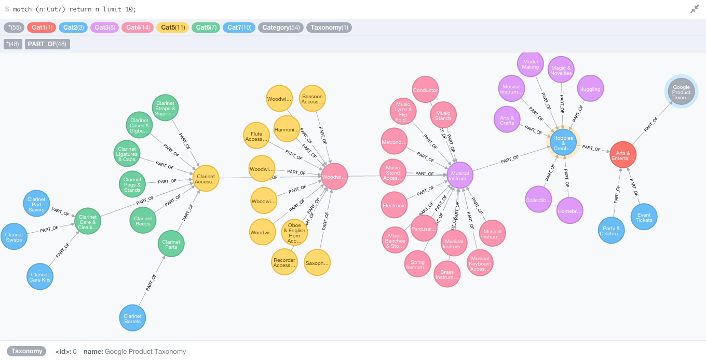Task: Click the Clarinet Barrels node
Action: coord(132,318)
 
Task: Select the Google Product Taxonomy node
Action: coord(681,92)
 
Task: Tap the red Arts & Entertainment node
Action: coord(623,155)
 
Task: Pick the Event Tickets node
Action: coord(644,217)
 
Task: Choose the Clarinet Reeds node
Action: coord(143,221)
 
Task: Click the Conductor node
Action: coord(425,90)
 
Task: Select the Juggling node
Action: coord(590,89)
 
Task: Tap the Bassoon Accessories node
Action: coord(312,99)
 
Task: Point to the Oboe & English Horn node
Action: coord(294,233)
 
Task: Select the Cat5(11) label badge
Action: coord(173,28)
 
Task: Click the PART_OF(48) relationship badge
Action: coord(47,44)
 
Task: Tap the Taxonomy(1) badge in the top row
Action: coord(329,28)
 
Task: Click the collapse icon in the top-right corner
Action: coord(695,9)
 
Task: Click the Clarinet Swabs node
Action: coord(14,237)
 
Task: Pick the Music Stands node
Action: coord(443,115)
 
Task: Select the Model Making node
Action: coord(531,64)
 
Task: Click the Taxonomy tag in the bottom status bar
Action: coord(26,351)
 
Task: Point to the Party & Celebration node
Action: coord(611,231)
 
